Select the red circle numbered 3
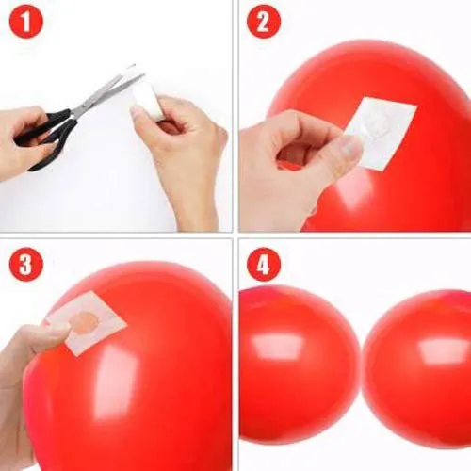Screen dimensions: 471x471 point(26,265)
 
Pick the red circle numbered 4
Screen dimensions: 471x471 point(264,265)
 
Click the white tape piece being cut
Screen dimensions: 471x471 point(148,97)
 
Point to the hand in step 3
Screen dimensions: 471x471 point(28,358)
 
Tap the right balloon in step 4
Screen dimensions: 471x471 point(419,367)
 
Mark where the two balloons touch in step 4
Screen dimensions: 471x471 point(362,363)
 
